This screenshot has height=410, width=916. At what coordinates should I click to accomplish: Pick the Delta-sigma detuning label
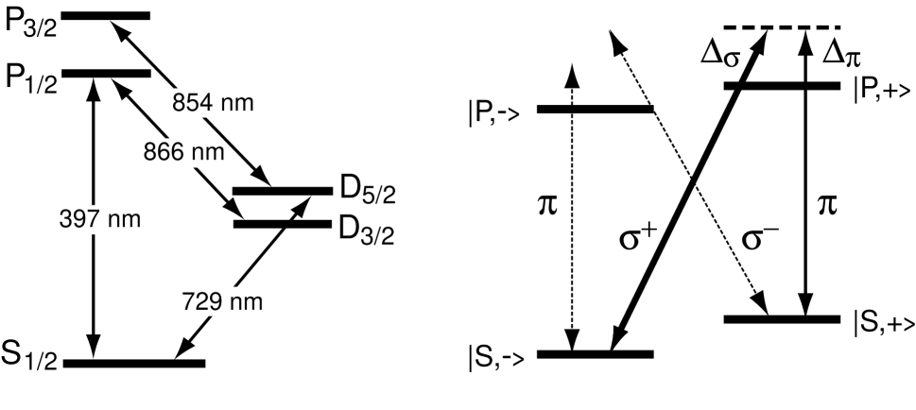[720, 54]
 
